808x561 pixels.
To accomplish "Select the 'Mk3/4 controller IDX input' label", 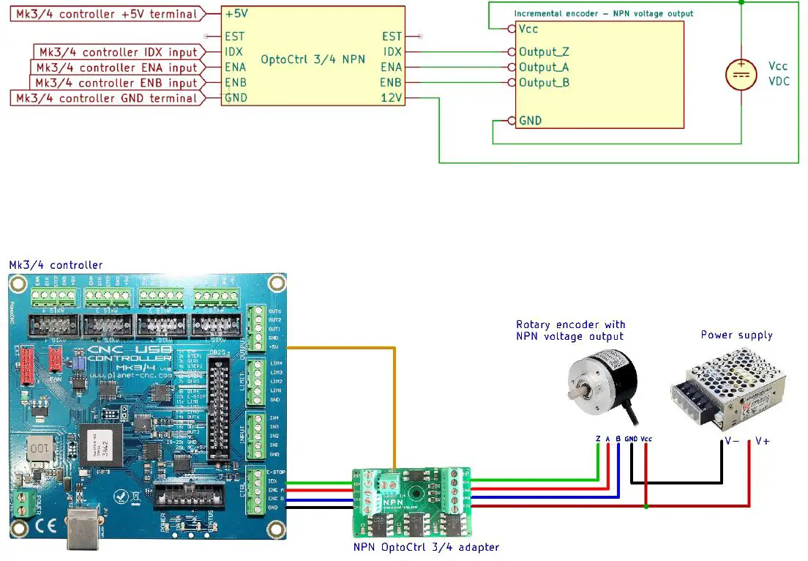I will pyautogui.click(x=118, y=52).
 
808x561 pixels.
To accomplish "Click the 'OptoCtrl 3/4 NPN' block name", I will pyautogui.click(x=313, y=59).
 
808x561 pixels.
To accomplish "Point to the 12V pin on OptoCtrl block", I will pyautogui.click(x=392, y=98).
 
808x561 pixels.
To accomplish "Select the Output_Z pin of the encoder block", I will pyautogui.click(x=543, y=52).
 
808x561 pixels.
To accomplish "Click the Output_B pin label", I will pyautogui.click(x=543, y=83).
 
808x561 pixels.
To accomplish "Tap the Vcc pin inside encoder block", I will pyautogui.click(x=528, y=29).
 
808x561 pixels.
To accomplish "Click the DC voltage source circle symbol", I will pyautogui.click(x=741, y=75).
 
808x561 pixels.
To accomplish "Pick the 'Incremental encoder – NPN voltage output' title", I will pyautogui.click(x=603, y=13).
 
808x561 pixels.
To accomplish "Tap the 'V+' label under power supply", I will pyautogui.click(x=762, y=441).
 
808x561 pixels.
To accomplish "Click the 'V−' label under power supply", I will pyautogui.click(x=731, y=441).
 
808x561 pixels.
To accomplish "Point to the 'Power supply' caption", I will pyautogui.click(x=736, y=335).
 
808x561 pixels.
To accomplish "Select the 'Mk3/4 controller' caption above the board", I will pyautogui.click(x=56, y=264).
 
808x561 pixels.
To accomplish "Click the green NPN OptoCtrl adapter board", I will pyautogui.click(x=411, y=502).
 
